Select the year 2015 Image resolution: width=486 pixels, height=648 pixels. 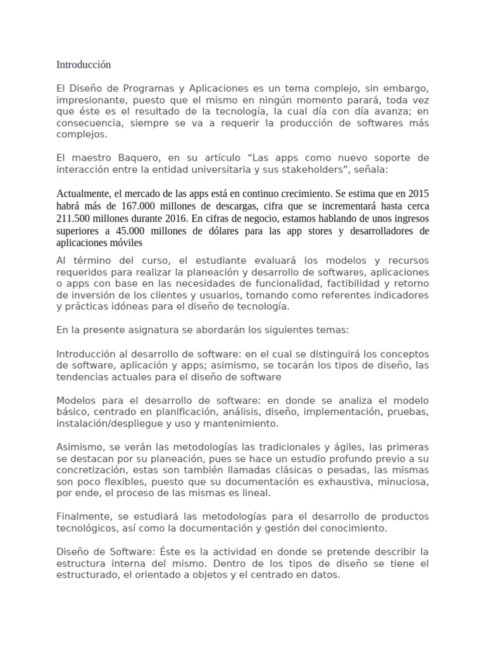point(417,193)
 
